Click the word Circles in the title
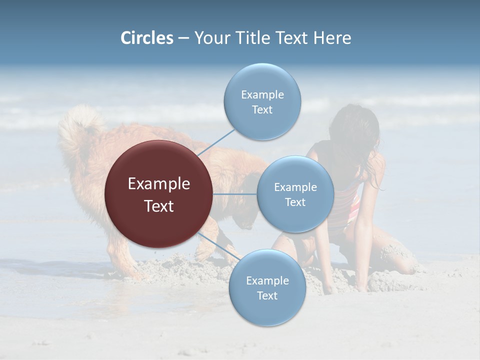pyautogui.click(x=146, y=38)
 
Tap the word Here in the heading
pyautogui.click(x=332, y=38)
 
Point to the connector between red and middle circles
pyautogui.click(x=235, y=194)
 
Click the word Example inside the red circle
pyautogui.click(x=158, y=184)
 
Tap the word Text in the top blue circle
pyautogui.click(x=262, y=110)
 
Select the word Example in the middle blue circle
pyautogui.click(x=295, y=187)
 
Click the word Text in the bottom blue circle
pyautogui.click(x=267, y=295)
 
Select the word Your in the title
pyautogui.click(x=209, y=38)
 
